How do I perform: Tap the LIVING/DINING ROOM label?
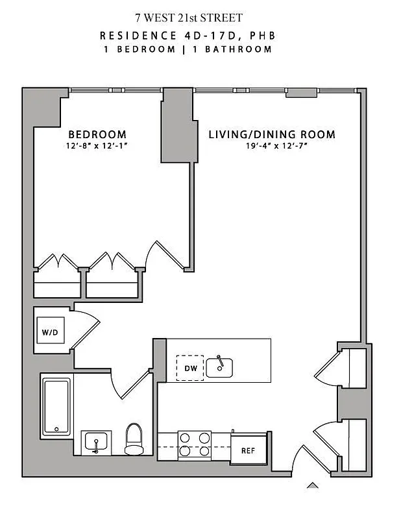[x=272, y=135]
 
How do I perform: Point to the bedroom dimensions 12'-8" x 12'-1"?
[x=97, y=146]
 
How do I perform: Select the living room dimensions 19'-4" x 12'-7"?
[x=272, y=146]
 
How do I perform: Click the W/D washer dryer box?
[x=50, y=333]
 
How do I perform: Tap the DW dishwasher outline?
[x=189, y=368]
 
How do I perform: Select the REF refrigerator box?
[x=247, y=450]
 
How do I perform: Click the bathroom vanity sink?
[x=97, y=443]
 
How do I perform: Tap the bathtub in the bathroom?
[x=56, y=407]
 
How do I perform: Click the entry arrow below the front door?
[x=313, y=485]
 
